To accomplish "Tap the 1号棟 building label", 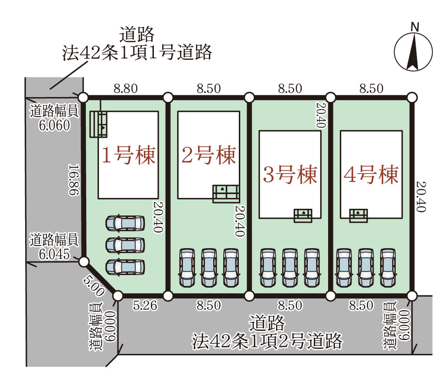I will pos(128,155).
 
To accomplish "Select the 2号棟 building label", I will pos(208,155).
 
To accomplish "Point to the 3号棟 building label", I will pos(290,175).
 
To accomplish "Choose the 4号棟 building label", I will pos(371,175).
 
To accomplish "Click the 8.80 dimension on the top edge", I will pos(126,89).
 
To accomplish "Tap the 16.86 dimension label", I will pos(74,180).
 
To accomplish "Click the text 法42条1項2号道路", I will pos(267,341).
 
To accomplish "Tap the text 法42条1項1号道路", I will pos(137,52).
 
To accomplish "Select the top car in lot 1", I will pos(125,224).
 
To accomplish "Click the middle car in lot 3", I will pos(290,267).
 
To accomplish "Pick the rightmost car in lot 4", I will pos(388,267).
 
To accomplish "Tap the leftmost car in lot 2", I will pos(188,267).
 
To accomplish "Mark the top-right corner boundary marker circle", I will pos(412,97).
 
